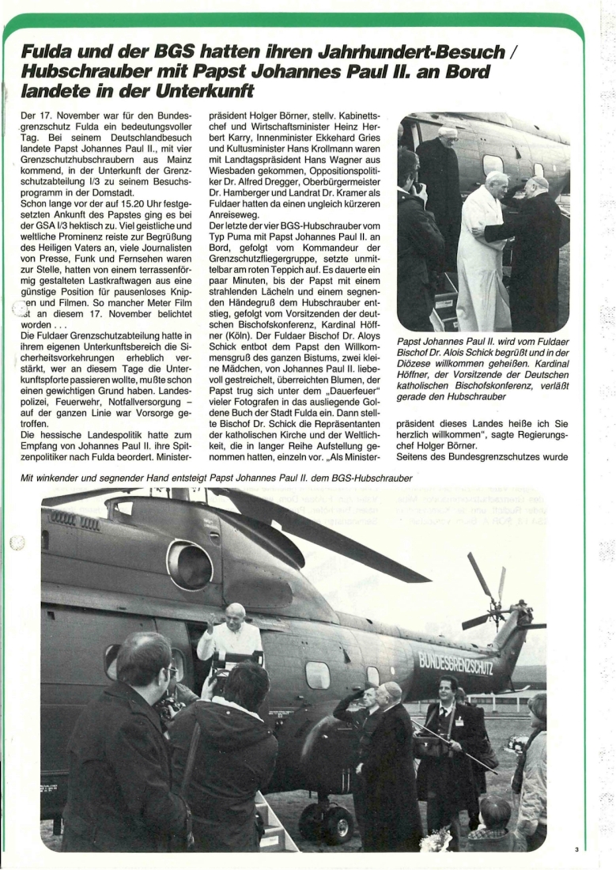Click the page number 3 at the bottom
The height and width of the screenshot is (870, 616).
577,849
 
